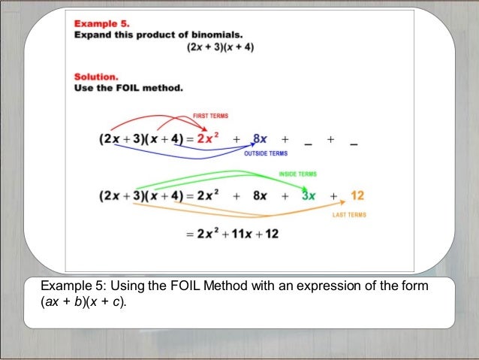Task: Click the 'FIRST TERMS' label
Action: pyautogui.click(x=210, y=116)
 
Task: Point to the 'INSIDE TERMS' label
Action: pyautogui.click(x=297, y=174)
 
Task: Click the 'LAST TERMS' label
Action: pyautogui.click(x=349, y=215)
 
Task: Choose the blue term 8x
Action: pyautogui.click(x=261, y=139)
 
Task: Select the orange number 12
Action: pyautogui.click(x=357, y=195)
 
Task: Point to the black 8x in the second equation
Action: pyautogui.click(x=260, y=196)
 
